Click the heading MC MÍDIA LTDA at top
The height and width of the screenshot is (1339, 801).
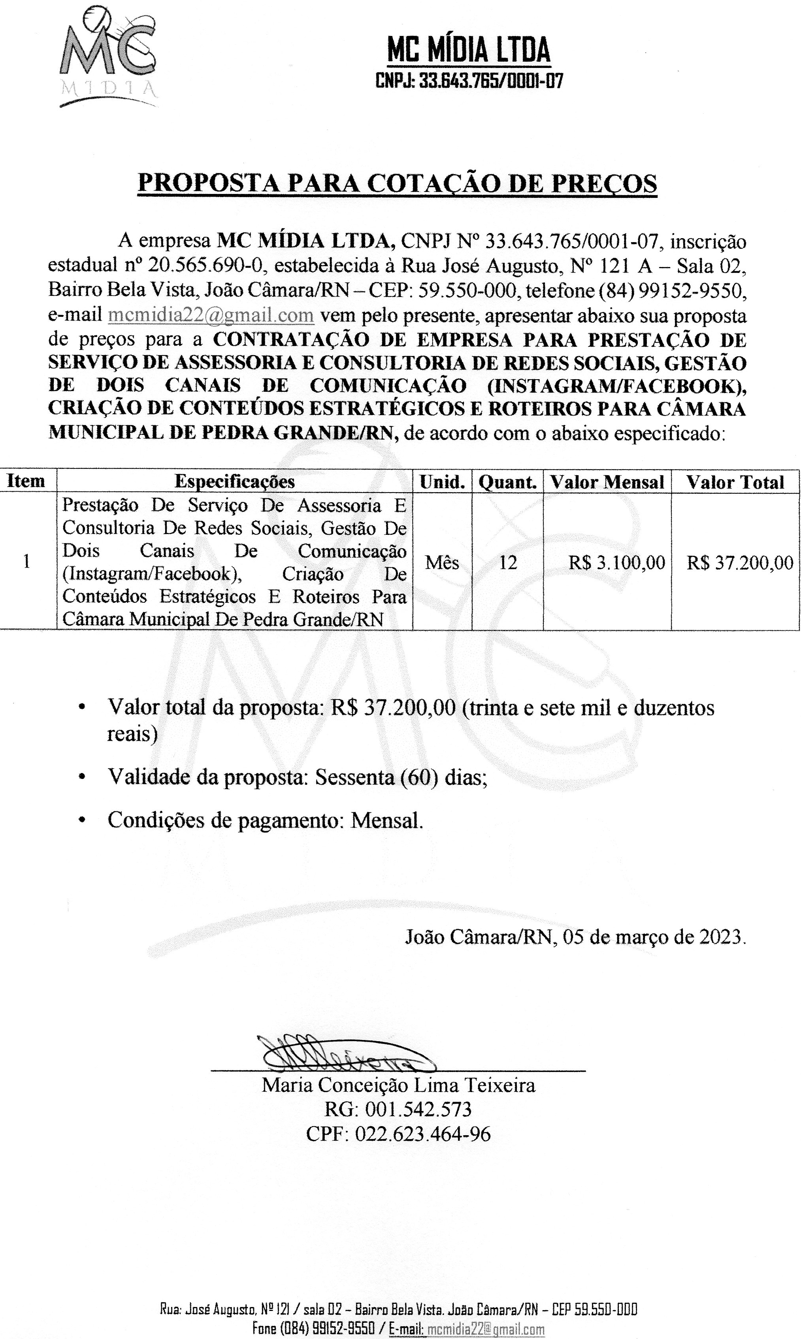(469, 50)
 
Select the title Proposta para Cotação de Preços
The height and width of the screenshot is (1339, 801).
(397, 183)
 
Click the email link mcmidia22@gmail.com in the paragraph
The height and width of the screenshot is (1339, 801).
(211, 315)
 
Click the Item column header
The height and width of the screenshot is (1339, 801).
(26, 481)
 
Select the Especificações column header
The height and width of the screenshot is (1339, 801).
(235, 481)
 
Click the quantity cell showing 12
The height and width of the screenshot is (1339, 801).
(507, 563)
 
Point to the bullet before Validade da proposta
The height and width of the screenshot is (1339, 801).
(81, 777)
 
